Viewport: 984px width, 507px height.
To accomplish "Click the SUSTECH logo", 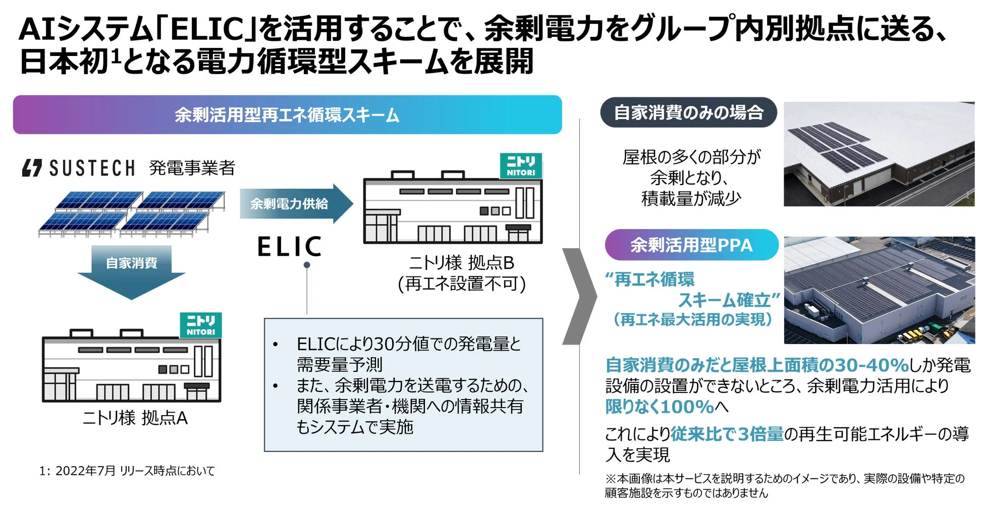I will [78, 168].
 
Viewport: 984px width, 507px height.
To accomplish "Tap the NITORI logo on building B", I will [521, 166].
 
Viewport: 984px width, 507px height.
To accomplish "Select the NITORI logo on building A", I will [201, 325].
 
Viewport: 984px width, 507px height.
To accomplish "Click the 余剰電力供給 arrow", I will [295, 204].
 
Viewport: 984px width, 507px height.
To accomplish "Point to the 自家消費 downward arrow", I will [131, 270].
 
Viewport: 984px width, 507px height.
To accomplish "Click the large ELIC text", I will [290, 247].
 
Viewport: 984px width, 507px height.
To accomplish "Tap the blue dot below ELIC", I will [307, 265].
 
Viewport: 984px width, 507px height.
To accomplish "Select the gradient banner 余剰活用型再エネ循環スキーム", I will [287, 115].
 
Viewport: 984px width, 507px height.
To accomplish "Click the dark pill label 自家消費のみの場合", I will [688, 112].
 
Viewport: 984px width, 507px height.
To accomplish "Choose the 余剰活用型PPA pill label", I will [691, 245].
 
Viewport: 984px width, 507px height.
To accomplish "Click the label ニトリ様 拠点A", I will [135, 418].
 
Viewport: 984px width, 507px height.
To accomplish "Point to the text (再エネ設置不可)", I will [462, 284].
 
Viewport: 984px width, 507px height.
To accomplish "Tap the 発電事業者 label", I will [192, 168].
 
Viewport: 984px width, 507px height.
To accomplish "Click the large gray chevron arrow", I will [580, 297].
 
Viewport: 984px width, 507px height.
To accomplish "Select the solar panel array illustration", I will [131, 213].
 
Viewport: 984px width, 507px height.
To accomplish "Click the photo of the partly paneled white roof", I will [879, 154].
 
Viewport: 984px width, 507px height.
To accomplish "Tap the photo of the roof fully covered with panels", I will [879, 291].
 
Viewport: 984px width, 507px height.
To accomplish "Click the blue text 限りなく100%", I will [659, 407].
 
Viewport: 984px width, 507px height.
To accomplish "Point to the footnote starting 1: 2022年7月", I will [127, 471].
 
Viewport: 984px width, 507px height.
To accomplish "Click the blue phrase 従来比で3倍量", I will [727, 434].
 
